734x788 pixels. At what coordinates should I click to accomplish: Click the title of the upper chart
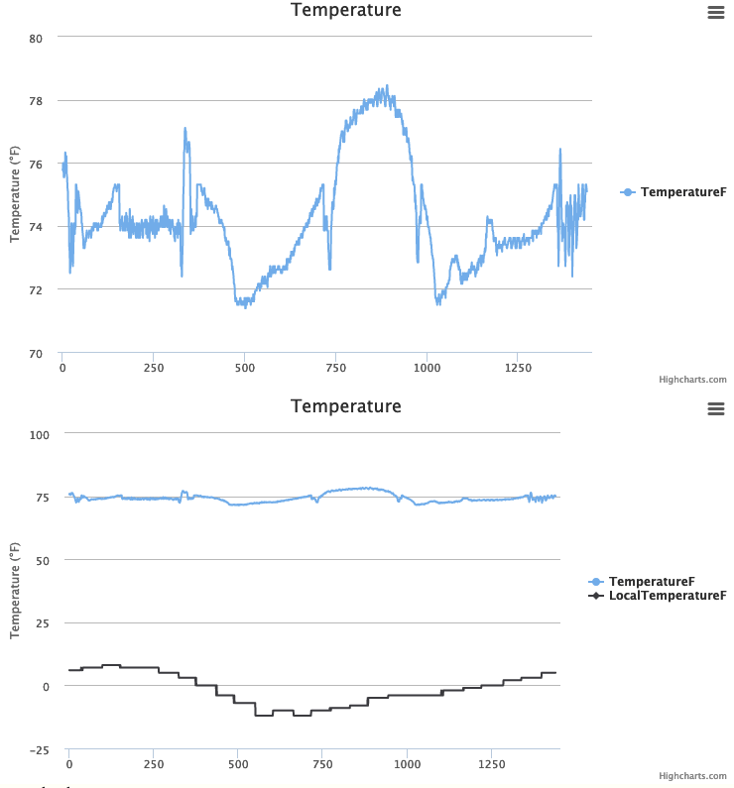(x=345, y=10)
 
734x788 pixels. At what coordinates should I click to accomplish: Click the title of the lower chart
(x=345, y=406)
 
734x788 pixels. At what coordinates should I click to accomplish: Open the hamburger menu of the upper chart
(x=716, y=12)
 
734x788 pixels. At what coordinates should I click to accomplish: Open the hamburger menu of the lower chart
(x=716, y=408)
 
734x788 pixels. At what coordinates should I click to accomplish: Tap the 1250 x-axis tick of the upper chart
(x=519, y=368)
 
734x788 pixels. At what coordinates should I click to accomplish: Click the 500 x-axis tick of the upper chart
(x=245, y=368)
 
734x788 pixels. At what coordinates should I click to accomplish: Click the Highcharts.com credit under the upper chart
(x=692, y=380)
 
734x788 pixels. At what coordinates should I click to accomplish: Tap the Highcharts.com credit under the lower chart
(x=692, y=776)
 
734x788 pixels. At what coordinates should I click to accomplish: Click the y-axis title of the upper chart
(x=15, y=194)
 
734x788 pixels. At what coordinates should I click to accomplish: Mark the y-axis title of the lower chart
(x=15, y=591)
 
